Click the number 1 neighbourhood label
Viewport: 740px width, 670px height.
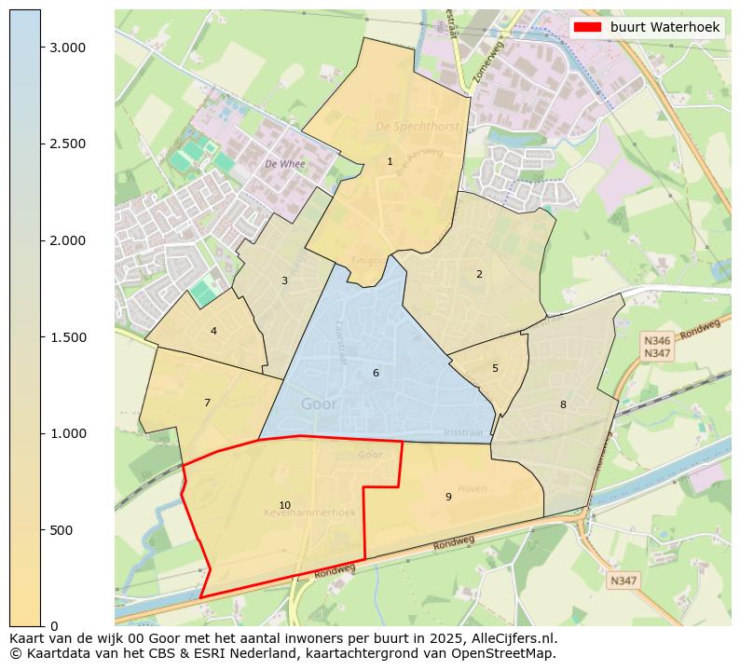390,161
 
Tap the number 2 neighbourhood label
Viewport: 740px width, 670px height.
479,274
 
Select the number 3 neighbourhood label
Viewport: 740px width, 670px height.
284,280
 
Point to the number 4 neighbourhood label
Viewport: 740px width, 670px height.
213,331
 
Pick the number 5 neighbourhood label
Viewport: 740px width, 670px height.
495,368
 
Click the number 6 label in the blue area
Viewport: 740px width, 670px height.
376,373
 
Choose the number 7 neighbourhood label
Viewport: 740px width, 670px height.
207,403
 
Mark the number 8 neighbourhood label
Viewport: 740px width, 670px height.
563,404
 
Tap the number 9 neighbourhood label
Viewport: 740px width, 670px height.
448,497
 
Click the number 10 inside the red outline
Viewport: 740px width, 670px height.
284,505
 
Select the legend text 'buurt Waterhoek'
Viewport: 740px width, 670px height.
665,27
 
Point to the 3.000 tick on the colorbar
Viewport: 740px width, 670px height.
66,48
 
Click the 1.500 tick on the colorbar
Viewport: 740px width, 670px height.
66,337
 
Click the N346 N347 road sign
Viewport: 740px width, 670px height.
657,348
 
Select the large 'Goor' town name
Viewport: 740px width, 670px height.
320,404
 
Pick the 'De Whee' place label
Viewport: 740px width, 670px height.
284,163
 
